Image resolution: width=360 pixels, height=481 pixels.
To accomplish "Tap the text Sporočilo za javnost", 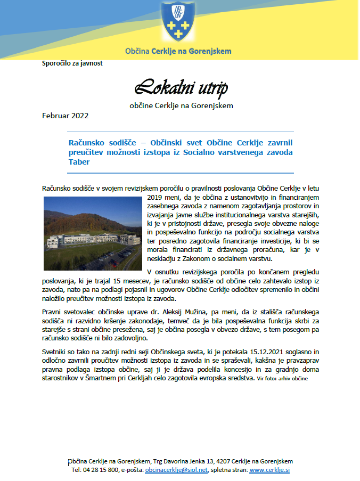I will click(x=72, y=63).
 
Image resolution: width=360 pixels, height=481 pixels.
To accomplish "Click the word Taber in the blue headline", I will click(x=79, y=162).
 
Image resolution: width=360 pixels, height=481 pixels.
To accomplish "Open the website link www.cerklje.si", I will click(x=269, y=470).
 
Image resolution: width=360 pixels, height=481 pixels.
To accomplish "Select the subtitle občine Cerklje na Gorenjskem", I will click(x=181, y=105).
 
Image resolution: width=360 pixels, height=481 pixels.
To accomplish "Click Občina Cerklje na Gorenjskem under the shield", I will click(x=178, y=52).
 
